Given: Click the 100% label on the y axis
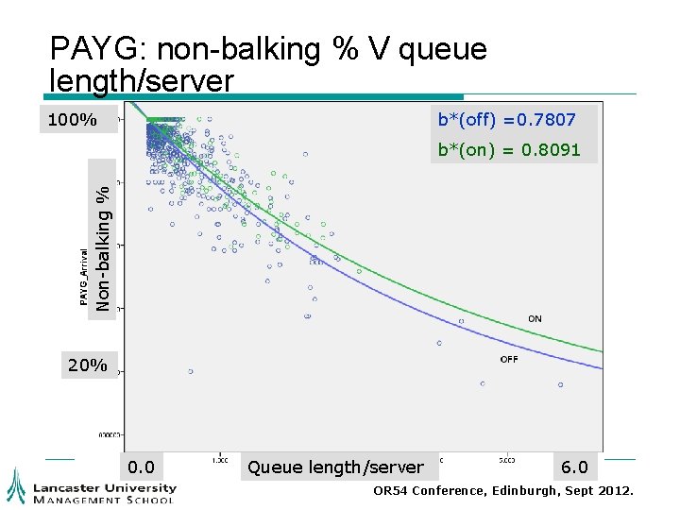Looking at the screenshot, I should (74, 120).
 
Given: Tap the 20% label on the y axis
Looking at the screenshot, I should (87, 365).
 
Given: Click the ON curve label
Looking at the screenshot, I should (535, 319).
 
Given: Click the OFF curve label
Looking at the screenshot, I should (508, 359).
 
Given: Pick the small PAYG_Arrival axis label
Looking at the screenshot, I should (83, 278).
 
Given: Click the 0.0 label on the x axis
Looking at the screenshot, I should (142, 467).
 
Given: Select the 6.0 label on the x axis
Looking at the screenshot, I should (573, 467).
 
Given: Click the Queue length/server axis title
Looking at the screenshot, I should (335, 467).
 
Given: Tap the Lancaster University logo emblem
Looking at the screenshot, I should (16, 485).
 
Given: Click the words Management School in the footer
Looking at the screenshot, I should (104, 500).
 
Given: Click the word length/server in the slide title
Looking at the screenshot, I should (141, 81).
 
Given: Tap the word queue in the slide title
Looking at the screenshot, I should (443, 49).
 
